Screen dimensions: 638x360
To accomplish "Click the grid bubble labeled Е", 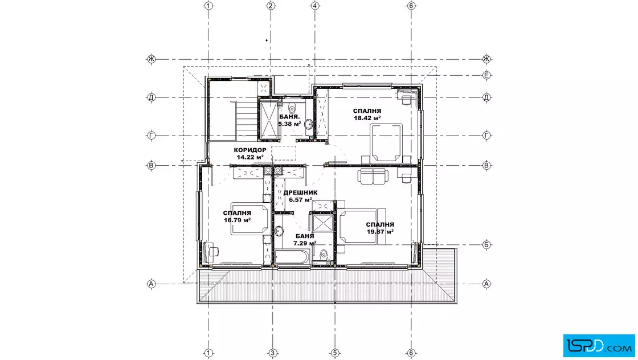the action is [486, 75].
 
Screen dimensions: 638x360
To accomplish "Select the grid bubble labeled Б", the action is [486, 245].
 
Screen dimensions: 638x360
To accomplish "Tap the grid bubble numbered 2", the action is [271, 6].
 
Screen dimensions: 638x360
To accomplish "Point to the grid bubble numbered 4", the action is [315, 6].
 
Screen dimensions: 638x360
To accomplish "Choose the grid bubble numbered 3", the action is [273, 353].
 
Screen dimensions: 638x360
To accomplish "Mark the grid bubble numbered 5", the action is [335, 353].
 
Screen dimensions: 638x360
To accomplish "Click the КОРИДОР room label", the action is [250, 150].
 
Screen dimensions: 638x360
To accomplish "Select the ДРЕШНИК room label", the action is [300, 193].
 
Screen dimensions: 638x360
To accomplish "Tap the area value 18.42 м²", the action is [367, 118].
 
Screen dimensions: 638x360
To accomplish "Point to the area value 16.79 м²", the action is [237, 220].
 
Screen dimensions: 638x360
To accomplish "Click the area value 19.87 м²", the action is [379, 231].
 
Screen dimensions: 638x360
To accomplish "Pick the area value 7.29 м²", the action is [305, 243].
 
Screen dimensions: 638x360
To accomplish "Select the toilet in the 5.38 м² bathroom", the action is [292, 109].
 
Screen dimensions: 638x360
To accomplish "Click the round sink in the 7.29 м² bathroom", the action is [279, 231].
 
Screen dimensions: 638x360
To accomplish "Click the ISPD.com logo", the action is [599, 346].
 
